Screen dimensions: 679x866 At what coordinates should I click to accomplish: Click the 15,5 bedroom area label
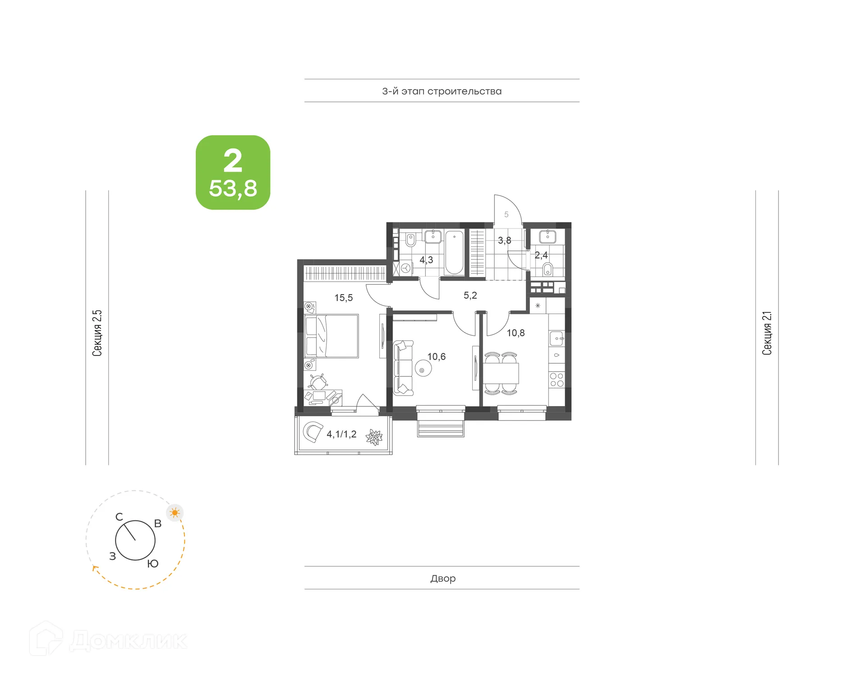(343, 298)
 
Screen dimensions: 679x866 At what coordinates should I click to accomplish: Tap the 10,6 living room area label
(436, 357)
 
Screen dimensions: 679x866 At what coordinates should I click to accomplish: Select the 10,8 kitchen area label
(516, 333)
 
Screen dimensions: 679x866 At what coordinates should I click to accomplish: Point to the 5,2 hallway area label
(470, 296)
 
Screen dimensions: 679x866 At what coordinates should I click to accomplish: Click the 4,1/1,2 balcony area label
(341, 434)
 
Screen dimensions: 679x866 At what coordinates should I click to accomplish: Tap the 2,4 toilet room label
(541, 255)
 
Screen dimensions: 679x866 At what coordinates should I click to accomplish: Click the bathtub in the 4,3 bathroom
(454, 252)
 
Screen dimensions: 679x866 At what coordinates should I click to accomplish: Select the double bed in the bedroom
(332, 336)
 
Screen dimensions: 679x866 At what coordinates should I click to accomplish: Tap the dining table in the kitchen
(501, 373)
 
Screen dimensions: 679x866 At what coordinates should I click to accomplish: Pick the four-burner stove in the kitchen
(557, 380)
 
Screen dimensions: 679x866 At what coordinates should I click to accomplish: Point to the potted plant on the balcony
(374, 437)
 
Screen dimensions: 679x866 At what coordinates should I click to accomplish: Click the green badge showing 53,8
(233, 173)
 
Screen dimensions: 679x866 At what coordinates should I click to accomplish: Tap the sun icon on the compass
(175, 513)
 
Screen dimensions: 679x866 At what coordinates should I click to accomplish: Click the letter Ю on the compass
(153, 564)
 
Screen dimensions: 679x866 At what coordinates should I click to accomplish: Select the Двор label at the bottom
(442, 578)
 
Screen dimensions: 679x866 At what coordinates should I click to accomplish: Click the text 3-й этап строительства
(442, 91)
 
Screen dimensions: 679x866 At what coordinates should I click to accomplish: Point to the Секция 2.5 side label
(97, 333)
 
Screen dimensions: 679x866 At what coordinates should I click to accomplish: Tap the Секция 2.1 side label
(767, 333)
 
